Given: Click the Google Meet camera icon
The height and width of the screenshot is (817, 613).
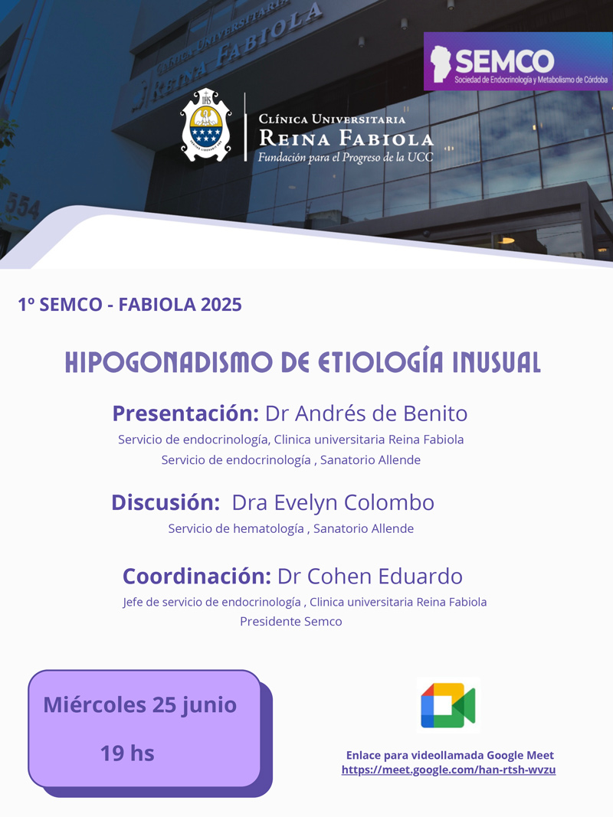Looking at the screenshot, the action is click(x=448, y=705).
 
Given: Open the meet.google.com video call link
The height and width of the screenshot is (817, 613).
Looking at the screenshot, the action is click(x=448, y=770).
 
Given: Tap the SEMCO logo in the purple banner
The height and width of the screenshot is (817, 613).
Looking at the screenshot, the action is click(x=518, y=61).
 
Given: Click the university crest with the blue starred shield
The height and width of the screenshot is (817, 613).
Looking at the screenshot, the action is click(x=206, y=125).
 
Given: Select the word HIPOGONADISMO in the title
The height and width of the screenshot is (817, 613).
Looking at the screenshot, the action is click(x=169, y=363).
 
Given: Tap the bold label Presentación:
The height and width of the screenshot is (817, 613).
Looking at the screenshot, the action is click(x=185, y=413).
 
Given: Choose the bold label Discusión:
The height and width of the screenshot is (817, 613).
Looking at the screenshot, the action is click(x=166, y=503).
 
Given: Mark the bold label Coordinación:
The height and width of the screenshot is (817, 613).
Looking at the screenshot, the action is click(x=196, y=577).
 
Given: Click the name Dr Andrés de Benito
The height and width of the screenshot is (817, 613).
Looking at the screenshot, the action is click(x=366, y=413).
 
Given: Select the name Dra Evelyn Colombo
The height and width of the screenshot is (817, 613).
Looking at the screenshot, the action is click(x=333, y=503).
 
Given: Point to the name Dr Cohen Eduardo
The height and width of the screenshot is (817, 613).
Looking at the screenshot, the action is click(x=369, y=577).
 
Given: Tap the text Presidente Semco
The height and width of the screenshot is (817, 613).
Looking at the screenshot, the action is click(x=291, y=622).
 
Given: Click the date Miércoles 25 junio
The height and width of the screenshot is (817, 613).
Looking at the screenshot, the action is click(x=139, y=705).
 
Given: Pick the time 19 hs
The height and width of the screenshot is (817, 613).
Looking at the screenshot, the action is click(x=127, y=753).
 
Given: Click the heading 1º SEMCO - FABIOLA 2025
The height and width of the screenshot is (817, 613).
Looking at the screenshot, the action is click(x=129, y=305).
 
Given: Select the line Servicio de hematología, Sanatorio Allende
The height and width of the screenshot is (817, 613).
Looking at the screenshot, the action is click(x=291, y=529).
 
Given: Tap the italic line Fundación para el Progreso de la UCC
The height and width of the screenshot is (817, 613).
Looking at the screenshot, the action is click(x=346, y=157).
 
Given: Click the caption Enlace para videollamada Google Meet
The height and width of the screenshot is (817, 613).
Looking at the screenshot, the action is click(x=450, y=755).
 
